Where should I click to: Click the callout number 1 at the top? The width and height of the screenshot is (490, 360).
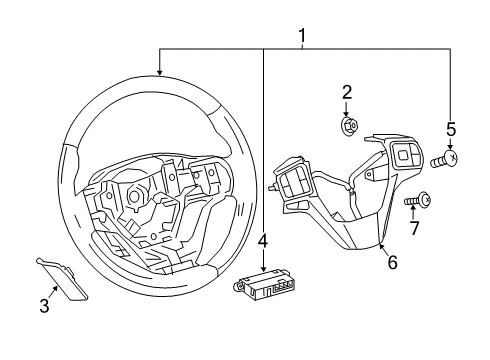(x=302, y=37)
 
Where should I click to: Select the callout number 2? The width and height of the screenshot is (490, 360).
(x=347, y=93)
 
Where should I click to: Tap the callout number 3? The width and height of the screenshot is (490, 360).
(x=44, y=306)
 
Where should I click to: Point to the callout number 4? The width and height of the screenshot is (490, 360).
(x=262, y=241)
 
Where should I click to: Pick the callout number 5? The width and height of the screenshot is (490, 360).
(x=451, y=129)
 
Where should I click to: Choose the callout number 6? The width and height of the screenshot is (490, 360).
(x=392, y=262)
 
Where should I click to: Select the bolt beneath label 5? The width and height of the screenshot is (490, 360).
(x=447, y=158)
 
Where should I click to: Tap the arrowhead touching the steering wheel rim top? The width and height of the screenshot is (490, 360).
(x=159, y=73)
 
